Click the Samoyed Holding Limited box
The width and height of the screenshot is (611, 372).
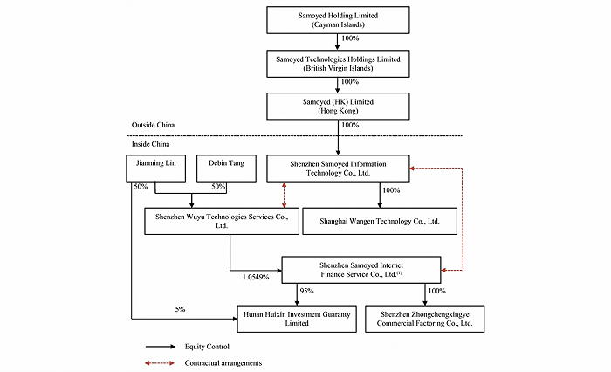338,19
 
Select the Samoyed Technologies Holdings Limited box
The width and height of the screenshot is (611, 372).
338,61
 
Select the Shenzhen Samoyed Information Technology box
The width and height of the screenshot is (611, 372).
338,169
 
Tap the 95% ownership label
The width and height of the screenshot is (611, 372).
306,291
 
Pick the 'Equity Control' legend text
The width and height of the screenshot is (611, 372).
215,346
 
